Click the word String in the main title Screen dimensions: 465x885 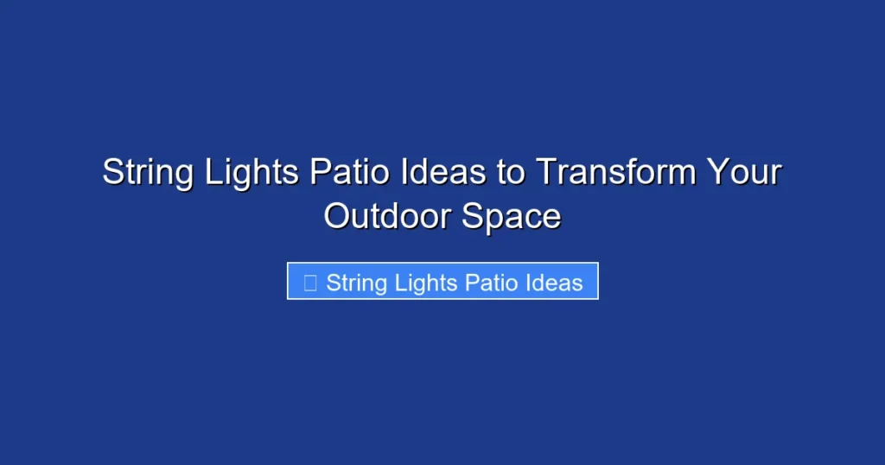click(149, 173)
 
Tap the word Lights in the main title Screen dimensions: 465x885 click(252, 173)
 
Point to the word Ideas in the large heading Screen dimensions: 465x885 click(443, 173)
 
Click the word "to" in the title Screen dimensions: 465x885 click(511, 173)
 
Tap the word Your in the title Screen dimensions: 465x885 click(746, 173)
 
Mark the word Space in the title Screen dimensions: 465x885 click(511, 216)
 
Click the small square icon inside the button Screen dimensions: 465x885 click(310, 282)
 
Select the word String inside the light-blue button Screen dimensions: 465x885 click(356, 282)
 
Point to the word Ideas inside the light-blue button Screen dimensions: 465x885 click(553, 282)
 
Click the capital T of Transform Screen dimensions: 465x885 click(545, 173)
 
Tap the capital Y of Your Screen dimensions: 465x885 click(718, 173)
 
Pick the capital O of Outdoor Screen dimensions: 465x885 click(337, 216)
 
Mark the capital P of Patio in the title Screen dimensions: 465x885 click(319, 173)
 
